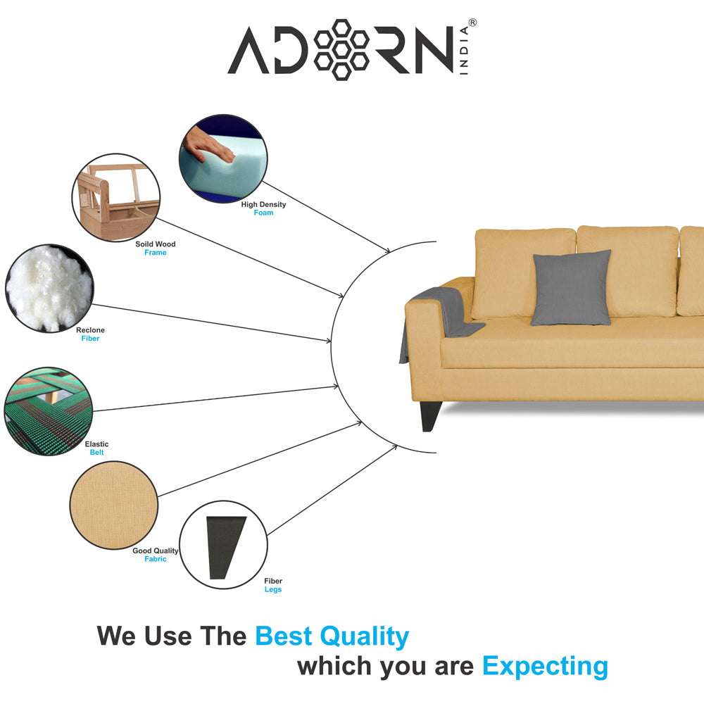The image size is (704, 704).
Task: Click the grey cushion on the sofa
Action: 571,288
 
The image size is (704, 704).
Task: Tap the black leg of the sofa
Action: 429,416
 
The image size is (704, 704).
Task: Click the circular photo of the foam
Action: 223,158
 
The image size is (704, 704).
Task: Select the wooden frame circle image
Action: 116,198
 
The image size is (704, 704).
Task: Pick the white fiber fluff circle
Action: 49,288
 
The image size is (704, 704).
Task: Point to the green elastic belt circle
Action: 49,411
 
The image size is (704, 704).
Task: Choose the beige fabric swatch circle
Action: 114,505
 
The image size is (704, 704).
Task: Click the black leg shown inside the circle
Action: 225,547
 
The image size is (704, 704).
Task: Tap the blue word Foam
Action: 263,213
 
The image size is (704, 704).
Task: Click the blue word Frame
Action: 156,253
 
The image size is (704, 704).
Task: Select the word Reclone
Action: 90,330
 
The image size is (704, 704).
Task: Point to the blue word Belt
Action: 96,453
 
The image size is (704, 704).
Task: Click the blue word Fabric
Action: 156,559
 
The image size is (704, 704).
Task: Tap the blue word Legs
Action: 273,589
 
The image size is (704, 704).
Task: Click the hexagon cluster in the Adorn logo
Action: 341,49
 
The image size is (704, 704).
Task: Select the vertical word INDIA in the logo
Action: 464,50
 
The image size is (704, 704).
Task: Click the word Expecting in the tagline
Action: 545,667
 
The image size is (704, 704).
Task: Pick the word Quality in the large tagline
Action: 364,637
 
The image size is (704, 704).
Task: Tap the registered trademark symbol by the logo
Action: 472,23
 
